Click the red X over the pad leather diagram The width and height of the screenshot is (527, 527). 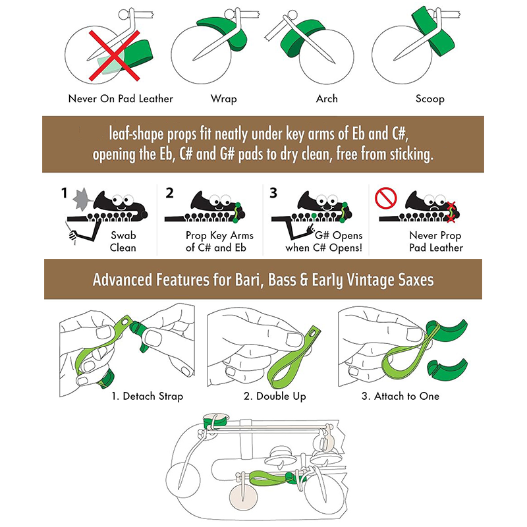114,56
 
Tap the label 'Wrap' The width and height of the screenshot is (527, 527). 224,99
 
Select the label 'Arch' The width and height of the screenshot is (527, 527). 327,99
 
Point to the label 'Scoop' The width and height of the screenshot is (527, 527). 430,99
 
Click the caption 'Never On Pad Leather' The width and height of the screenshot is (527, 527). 121,98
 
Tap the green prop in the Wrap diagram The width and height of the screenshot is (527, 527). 223,34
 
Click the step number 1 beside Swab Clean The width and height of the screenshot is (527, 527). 64,193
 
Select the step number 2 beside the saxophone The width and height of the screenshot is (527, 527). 169,193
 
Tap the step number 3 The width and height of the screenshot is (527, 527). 273,193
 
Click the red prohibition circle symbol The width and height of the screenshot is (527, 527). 386,198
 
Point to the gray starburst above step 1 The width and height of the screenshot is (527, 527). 82,199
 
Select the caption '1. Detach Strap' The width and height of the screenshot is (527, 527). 147,396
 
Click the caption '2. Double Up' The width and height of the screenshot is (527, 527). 275,396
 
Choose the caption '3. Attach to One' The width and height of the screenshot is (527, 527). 401,396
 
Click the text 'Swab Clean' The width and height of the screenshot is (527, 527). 123,241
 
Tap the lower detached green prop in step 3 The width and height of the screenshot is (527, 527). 447,370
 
